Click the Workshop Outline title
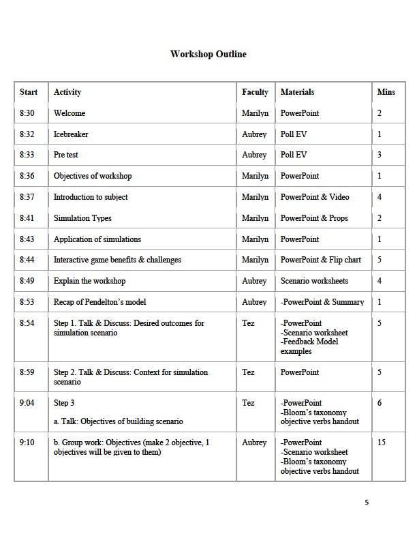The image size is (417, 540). (x=208, y=55)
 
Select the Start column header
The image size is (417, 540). (x=29, y=92)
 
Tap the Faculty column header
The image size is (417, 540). (x=255, y=92)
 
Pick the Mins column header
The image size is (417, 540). (x=386, y=92)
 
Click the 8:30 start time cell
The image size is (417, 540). (x=27, y=113)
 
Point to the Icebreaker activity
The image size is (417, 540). (x=71, y=134)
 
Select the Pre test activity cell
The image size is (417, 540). (x=66, y=155)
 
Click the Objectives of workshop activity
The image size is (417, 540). (x=93, y=176)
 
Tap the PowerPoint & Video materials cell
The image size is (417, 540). (x=315, y=197)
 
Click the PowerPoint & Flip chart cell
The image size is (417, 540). (x=321, y=260)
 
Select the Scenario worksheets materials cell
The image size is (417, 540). (x=314, y=281)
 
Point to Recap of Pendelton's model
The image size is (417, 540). (x=99, y=302)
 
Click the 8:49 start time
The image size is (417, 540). (x=27, y=281)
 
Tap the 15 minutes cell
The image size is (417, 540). (x=382, y=442)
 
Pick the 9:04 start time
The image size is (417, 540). (x=27, y=403)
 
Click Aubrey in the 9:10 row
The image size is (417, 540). (x=254, y=442)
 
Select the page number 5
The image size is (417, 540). (x=367, y=502)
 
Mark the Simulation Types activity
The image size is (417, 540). (x=82, y=218)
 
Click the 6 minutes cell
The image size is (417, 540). (x=380, y=403)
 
